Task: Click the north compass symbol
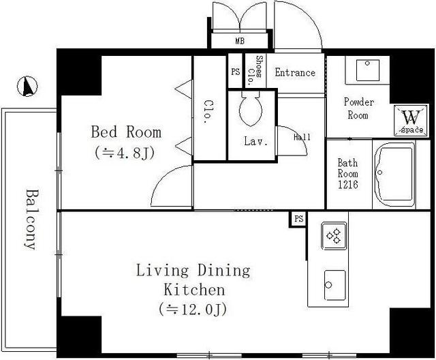click(x=27, y=86)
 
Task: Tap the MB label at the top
click(x=240, y=41)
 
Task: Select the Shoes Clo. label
click(x=255, y=71)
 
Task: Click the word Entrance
click(x=295, y=72)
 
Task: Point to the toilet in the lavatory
click(x=251, y=108)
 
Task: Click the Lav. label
click(x=256, y=141)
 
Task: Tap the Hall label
click(x=302, y=137)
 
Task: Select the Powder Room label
click(x=359, y=108)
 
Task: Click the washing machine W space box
click(x=411, y=121)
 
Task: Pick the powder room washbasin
click(x=368, y=70)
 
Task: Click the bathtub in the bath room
click(x=394, y=175)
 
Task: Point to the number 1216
click(x=348, y=185)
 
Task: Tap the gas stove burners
click(x=334, y=236)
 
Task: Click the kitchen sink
click(x=334, y=286)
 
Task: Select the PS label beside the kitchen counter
click(x=298, y=219)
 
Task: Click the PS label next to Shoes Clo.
click(x=235, y=72)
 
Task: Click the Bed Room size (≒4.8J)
click(x=125, y=153)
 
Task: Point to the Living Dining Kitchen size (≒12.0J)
click(x=193, y=309)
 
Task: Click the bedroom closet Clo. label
click(x=209, y=112)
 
